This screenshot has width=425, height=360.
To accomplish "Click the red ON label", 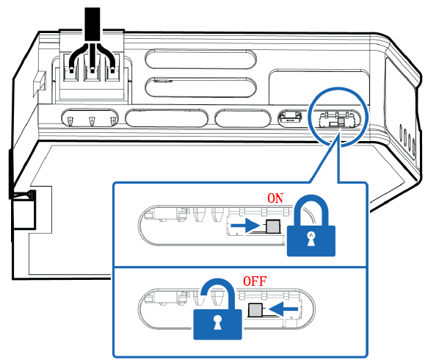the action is click(x=275, y=198).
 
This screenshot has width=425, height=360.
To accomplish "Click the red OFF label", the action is click(x=255, y=281).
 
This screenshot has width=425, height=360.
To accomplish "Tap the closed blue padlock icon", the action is click(x=311, y=226).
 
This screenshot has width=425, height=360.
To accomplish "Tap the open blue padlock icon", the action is click(x=217, y=309).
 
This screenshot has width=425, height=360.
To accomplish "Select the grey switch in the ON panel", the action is click(x=273, y=226).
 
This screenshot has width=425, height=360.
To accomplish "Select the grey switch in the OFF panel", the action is click(x=255, y=310).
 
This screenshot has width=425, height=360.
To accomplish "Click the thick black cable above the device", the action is click(x=92, y=24).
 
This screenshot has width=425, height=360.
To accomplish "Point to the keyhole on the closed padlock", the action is click(x=311, y=239).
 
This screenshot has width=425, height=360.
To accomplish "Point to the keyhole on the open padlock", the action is click(x=217, y=323).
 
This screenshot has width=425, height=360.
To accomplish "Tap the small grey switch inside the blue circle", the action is click(x=341, y=121).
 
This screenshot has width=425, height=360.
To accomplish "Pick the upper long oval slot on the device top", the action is click(x=201, y=59).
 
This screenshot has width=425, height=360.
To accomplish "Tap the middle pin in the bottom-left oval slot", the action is click(x=92, y=120).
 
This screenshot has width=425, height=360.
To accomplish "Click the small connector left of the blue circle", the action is click(x=290, y=118).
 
